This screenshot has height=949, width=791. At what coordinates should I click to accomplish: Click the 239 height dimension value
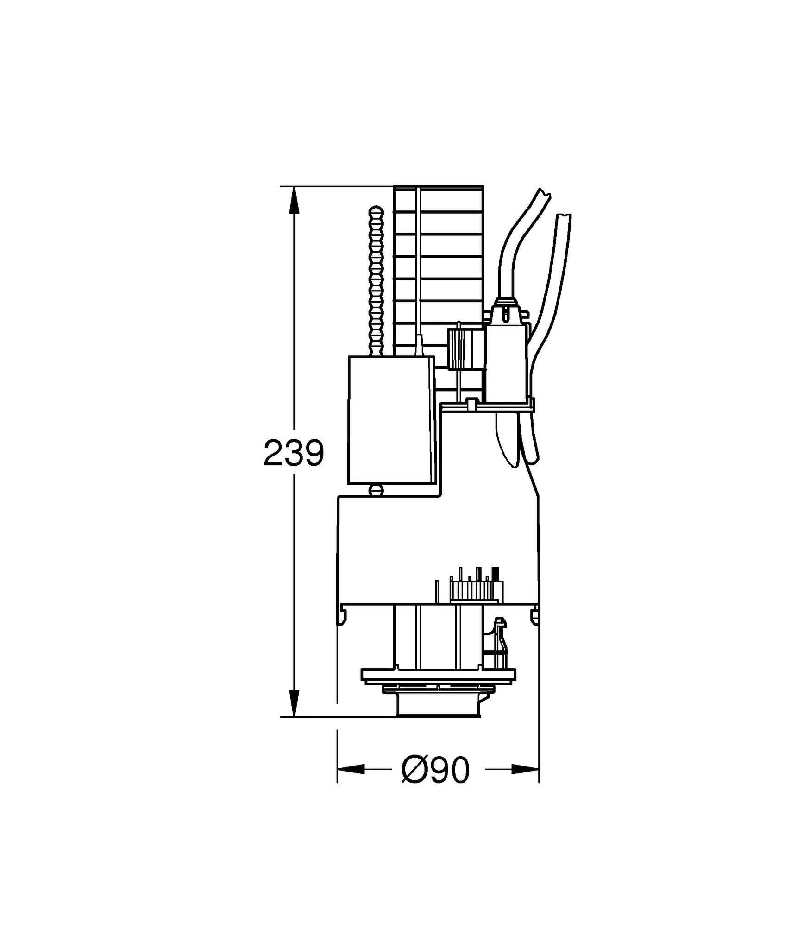[x=293, y=453]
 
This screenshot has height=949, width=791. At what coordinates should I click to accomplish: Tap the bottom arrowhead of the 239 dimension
[x=294, y=702]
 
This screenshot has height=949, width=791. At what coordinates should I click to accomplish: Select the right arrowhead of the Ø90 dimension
[x=525, y=769]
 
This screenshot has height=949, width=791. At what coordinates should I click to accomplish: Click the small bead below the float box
[x=376, y=490]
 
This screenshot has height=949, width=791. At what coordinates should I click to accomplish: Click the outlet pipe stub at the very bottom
[x=438, y=709]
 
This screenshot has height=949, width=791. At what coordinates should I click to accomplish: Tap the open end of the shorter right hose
[x=564, y=216]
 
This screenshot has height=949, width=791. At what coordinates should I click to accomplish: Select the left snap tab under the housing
[x=343, y=615]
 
